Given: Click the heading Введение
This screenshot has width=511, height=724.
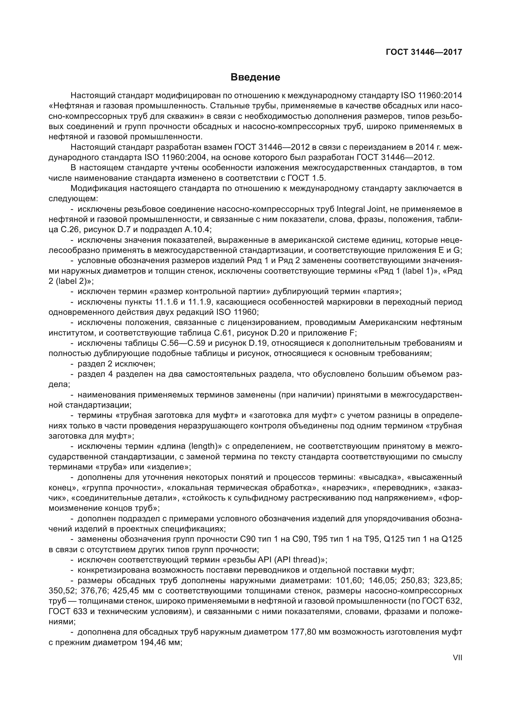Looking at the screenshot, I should pyautogui.click(x=255, y=77).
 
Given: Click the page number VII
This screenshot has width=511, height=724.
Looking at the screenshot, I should pyautogui.click(x=457, y=658).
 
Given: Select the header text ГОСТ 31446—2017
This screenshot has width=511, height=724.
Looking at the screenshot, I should pyautogui.click(x=424, y=52).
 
